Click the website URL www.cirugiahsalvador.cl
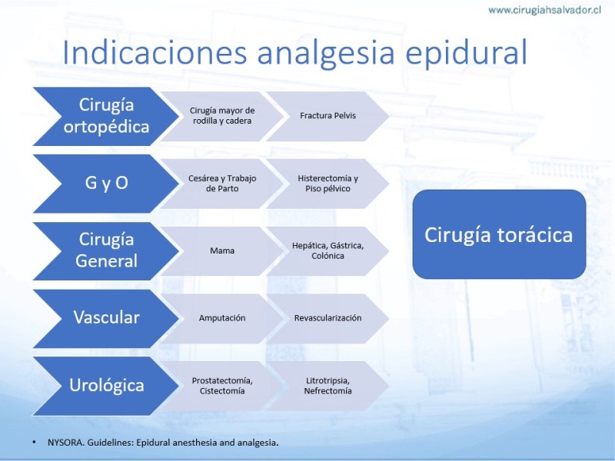(x=544, y=10)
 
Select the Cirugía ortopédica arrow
(x=106, y=117)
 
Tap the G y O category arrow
(x=106, y=184)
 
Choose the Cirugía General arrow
(x=106, y=251)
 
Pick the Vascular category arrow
(x=106, y=318)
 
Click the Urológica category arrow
(x=106, y=386)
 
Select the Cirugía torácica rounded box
(x=499, y=234)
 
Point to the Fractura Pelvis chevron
(x=328, y=117)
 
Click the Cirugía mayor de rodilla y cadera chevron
(x=222, y=117)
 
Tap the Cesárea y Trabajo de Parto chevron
(x=222, y=184)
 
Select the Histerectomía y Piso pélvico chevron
(x=328, y=184)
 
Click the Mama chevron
(x=222, y=251)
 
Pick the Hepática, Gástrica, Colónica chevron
(x=328, y=251)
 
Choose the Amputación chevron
(x=222, y=318)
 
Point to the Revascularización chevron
(x=328, y=318)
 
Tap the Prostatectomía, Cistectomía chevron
(x=222, y=386)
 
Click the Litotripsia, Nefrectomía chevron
(x=328, y=386)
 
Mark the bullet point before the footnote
(x=34, y=443)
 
